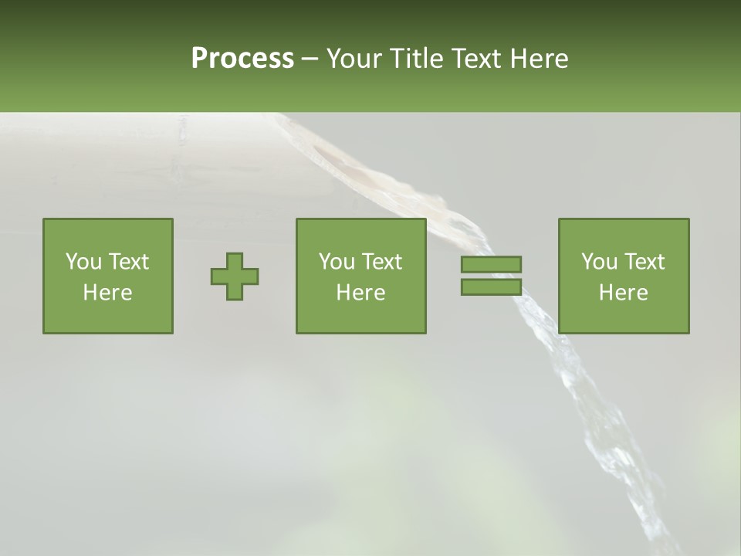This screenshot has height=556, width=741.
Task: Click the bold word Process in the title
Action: click(242, 59)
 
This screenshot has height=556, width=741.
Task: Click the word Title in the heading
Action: click(414, 59)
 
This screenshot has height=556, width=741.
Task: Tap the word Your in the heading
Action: click(354, 59)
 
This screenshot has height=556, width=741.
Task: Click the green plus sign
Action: click(235, 276)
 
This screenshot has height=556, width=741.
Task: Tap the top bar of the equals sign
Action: click(491, 264)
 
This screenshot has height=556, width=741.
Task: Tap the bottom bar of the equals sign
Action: click(491, 286)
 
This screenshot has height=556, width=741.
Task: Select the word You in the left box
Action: click(83, 262)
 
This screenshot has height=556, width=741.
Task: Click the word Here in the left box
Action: click(107, 293)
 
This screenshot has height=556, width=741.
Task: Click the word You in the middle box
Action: click(337, 262)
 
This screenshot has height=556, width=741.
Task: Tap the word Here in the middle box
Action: click(360, 293)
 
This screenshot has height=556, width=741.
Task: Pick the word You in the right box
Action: click(599, 262)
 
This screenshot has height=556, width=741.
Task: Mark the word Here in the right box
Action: click(623, 293)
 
